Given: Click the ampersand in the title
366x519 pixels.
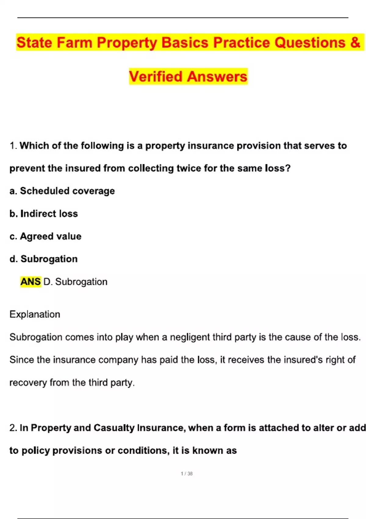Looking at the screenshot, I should coord(355,42).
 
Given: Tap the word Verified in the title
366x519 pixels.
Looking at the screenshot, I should coord(156,76).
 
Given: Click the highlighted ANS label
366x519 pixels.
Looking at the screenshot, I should coord(30,281).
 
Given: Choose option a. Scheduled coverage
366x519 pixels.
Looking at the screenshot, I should coord(62,191).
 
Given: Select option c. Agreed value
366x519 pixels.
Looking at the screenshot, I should coord(45,236).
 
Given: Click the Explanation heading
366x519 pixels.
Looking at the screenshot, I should coord(35,314).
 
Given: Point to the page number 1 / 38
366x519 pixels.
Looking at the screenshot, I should coord(187,474).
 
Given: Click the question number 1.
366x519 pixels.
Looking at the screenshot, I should coord(13,146).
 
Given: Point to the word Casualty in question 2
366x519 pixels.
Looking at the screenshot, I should coord(114,428).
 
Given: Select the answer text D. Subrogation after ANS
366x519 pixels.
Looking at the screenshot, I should coord(75,281).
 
